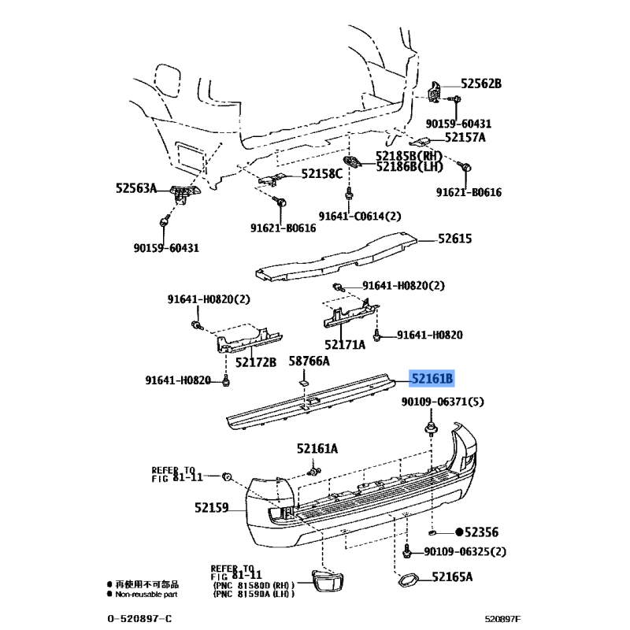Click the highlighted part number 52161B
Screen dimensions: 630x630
432,380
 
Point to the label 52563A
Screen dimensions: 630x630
136,188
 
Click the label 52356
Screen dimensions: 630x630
481,532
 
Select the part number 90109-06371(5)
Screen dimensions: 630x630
443,402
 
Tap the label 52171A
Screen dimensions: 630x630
345,344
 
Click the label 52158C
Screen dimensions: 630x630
322,174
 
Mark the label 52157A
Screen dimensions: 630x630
465,138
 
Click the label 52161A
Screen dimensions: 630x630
317,449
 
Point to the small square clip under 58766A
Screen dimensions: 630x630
302,382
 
